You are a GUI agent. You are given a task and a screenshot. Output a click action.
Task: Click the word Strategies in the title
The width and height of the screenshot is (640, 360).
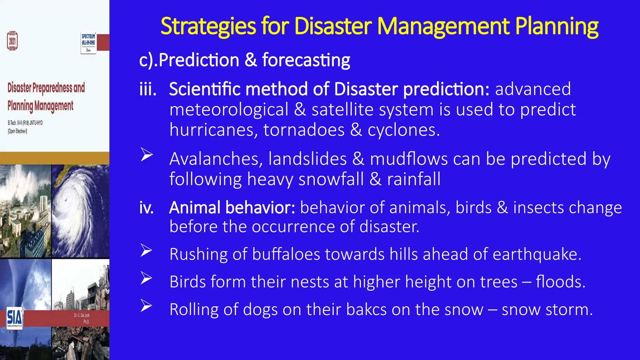point(208,26)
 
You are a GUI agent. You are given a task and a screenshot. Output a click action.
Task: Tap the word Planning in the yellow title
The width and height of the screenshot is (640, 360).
point(557,26)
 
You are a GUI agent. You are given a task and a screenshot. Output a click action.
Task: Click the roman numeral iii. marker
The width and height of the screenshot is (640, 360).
point(148,89)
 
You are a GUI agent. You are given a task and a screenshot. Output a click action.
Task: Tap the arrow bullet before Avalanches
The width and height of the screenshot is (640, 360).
point(147,155)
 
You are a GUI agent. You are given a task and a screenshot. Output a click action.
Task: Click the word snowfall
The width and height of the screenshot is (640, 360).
point(331,179)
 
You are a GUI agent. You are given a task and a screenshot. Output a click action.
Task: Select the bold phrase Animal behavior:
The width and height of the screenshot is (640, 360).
point(232,207)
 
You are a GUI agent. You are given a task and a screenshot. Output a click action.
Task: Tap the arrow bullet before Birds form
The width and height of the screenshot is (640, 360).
point(146,278)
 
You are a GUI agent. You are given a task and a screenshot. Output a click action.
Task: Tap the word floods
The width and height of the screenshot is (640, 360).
point(560,282)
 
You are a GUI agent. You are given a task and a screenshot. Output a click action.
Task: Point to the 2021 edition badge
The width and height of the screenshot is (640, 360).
point(12,41)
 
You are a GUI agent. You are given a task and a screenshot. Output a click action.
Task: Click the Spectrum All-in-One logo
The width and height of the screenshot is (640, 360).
point(88,43)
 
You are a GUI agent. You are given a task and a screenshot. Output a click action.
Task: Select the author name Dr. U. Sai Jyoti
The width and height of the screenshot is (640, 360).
point(82,315)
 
